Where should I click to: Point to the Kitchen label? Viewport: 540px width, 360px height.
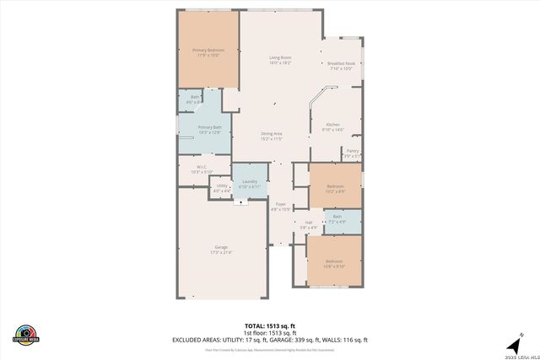[x=332, y=124]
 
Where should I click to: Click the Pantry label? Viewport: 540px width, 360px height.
[x=352, y=151]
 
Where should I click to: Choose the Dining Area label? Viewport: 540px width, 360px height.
[x=271, y=133]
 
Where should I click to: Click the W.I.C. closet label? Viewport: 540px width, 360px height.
[x=202, y=166]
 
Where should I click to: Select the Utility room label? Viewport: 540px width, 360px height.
[x=222, y=185]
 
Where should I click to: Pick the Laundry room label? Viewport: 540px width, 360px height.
[x=249, y=181]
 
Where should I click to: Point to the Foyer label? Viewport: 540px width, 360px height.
[x=281, y=204]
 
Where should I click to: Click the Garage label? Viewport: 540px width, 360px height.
[x=221, y=247]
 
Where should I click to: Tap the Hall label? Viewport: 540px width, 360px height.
[x=309, y=223]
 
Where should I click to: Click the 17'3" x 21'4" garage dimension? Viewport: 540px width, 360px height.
[x=221, y=252]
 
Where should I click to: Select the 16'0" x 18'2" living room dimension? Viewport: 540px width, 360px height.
[x=280, y=63]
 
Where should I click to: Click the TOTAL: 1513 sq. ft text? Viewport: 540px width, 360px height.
[x=271, y=325]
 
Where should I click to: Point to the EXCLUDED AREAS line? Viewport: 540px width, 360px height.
[x=271, y=339]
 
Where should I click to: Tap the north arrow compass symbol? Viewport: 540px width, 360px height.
[x=512, y=345]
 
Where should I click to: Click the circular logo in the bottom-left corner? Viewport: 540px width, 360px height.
[x=26, y=333]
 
